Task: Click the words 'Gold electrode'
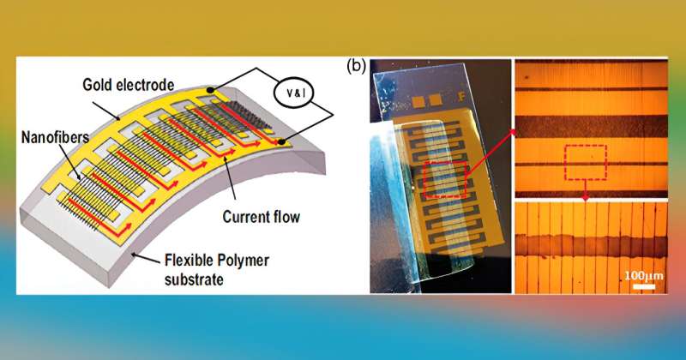click(129, 85)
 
